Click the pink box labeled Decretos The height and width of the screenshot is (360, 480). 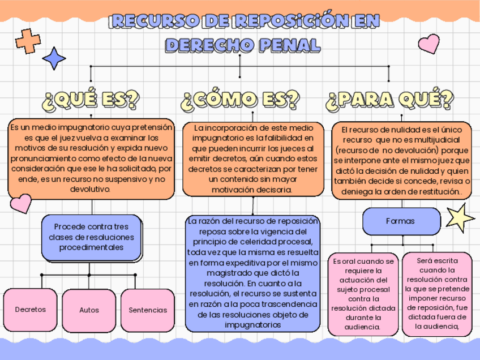click(x=31, y=310)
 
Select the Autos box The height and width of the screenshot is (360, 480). click(x=89, y=310)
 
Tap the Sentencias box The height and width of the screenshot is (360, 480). click(x=148, y=310)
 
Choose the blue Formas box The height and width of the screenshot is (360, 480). click(x=400, y=221)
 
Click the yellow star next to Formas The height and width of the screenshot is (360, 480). click(x=459, y=218)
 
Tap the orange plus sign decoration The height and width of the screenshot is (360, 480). click(x=28, y=41)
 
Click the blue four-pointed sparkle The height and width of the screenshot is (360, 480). click(x=54, y=58)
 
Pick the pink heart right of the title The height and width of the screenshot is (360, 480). click(x=428, y=44)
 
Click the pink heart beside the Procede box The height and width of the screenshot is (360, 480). click(x=21, y=203)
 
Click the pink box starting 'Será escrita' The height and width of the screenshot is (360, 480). click(x=436, y=294)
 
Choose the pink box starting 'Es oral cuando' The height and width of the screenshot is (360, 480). click(x=363, y=294)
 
